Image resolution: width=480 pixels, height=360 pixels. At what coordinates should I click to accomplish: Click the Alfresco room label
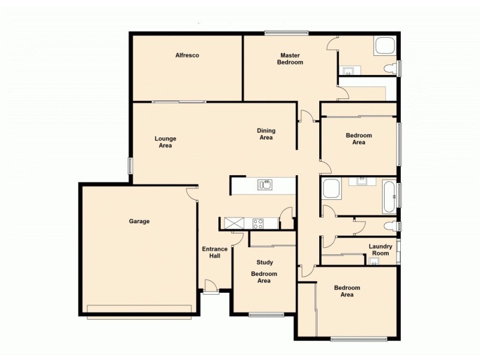click(x=187, y=55)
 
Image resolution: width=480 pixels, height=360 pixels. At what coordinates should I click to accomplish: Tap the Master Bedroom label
click(x=290, y=59)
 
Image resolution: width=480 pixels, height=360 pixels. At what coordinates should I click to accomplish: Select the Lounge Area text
click(x=166, y=142)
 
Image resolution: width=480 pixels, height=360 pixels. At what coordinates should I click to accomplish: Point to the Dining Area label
click(x=266, y=134)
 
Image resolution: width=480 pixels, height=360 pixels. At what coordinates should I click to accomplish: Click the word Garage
click(x=139, y=221)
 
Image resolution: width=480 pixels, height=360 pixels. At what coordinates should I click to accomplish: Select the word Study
click(x=265, y=262)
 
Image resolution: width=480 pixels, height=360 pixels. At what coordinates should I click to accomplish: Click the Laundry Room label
click(x=380, y=250)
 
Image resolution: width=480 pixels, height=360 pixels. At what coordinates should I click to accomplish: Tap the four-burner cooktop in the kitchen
click(x=259, y=223)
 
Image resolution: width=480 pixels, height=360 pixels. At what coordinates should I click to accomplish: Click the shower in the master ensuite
click(x=384, y=47)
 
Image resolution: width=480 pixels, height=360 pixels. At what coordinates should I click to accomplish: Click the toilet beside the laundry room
click(x=392, y=226)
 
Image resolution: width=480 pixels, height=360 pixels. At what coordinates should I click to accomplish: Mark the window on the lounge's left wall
click(x=130, y=166)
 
